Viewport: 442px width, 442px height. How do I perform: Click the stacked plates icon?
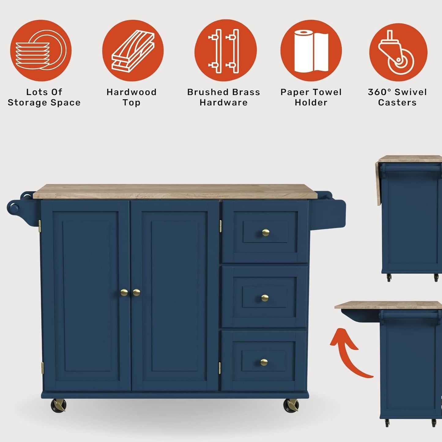(40, 50)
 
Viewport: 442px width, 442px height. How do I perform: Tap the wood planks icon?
(133, 50)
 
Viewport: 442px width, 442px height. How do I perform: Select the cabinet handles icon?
(225, 50)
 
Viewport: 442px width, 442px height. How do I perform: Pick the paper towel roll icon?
(311, 50)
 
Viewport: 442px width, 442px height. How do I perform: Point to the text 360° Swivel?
(397, 92)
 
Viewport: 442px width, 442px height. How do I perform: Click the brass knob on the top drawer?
(266, 233)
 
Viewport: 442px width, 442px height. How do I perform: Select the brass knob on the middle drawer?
(265, 298)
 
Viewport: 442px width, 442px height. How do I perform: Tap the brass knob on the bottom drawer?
(264, 362)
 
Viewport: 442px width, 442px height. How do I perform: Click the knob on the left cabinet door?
(124, 292)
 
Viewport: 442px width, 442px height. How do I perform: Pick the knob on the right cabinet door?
(136, 292)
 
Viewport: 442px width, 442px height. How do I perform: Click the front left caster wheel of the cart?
(58, 406)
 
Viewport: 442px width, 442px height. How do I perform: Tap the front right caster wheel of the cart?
(291, 406)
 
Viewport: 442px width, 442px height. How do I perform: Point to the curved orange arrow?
(349, 352)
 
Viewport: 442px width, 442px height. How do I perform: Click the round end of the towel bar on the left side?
(13, 208)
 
